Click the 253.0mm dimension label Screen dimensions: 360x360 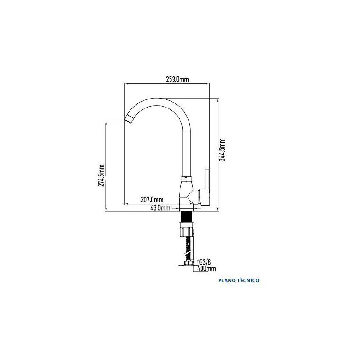[x=177, y=80]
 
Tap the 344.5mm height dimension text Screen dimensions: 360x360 [x=222, y=150]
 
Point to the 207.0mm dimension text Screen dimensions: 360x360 [x=152, y=200]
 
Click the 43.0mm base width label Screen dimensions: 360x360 [x=160, y=208]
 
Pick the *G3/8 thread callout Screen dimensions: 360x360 [x=204, y=262]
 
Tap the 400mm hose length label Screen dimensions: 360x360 [x=207, y=268]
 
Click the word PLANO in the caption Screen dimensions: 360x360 [x=227, y=280]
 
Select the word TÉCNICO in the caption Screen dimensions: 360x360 [x=248, y=280]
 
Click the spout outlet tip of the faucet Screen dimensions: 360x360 [x=129, y=119]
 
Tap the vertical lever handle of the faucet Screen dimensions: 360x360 [x=207, y=179]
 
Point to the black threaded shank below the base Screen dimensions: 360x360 [x=187, y=216]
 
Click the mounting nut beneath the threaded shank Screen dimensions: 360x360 [x=186, y=231]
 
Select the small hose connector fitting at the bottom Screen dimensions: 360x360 [x=189, y=263]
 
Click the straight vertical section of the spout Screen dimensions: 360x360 [x=186, y=154]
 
